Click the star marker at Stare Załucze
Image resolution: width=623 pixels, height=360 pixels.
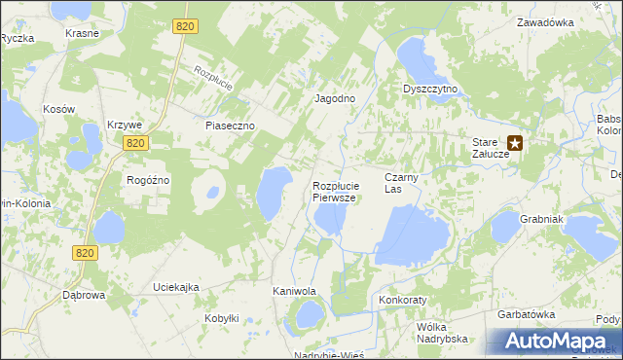pyautogui.click(x=515, y=143)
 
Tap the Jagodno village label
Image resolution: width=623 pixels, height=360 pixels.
pyautogui.click(x=334, y=99)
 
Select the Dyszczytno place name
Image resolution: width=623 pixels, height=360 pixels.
pyautogui.click(x=430, y=89)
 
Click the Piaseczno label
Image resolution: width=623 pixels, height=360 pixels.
pyautogui.click(x=230, y=126)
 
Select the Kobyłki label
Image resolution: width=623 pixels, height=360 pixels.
pyautogui.click(x=222, y=318)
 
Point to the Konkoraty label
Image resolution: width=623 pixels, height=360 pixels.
pyautogui.click(x=404, y=301)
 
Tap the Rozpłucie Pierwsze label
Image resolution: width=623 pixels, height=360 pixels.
pyautogui.click(x=337, y=191)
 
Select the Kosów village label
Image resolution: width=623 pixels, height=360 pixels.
pyautogui.click(x=59, y=109)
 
